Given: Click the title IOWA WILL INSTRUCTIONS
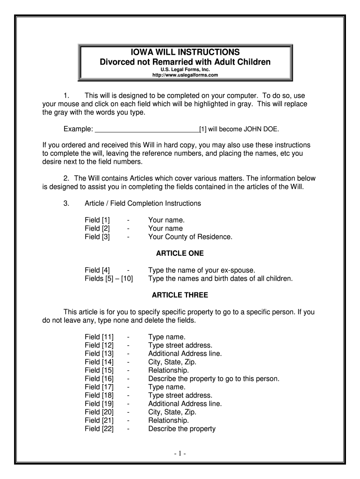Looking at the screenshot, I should tap(186, 51).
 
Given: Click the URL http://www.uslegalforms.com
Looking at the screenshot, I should tap(186, 75).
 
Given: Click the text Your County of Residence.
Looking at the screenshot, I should tap(190, 237).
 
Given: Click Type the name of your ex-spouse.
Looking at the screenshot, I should tap(202, 270).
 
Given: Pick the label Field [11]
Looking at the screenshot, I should tap(99, 337).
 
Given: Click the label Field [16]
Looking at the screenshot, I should tap(99, 379).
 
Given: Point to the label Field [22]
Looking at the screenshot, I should tap(99, 429).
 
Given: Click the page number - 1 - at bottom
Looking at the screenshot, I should tap(180, 453).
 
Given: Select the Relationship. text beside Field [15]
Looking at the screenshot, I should tap(168, 370).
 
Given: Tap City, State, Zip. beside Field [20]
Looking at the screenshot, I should tap(172, 412).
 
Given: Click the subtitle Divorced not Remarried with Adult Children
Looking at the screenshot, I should tap(186, 62).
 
